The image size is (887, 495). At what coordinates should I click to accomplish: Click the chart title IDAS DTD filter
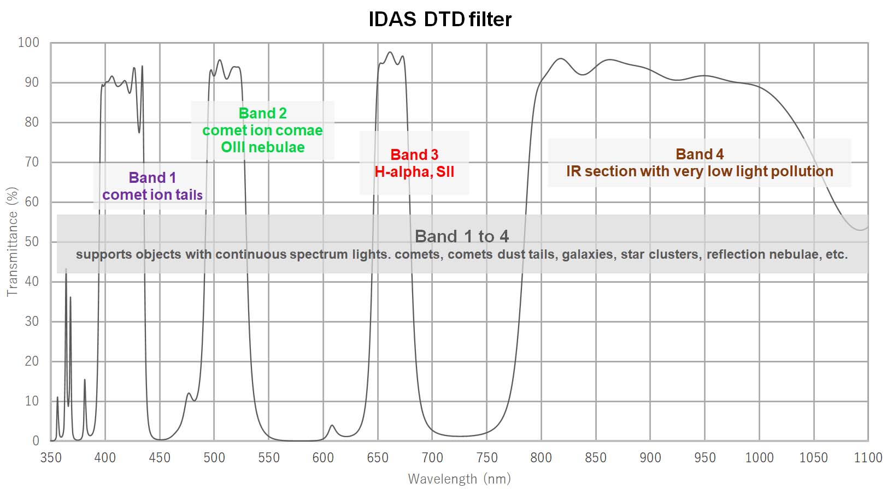(440, 20)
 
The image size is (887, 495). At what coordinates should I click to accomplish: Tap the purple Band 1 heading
(152, 178)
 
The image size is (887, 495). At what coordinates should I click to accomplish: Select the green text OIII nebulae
(262, 147)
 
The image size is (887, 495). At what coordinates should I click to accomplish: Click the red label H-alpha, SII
(414, 172)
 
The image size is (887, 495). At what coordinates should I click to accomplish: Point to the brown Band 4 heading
(700, 154)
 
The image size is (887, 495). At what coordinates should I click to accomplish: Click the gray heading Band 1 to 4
(462, 236)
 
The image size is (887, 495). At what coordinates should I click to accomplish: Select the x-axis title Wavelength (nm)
(459, 479)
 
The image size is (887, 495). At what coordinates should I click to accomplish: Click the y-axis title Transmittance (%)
(12, 242)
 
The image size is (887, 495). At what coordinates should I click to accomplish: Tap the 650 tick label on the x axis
(378, 458)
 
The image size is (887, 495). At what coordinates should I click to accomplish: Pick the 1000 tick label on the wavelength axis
(759, 458)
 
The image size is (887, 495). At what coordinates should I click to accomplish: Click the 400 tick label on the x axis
(105, 458)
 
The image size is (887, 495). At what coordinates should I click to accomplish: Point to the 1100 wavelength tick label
(868, 458)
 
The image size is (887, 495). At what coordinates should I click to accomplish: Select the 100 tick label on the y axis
(28, 43)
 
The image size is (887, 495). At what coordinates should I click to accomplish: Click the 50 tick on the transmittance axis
(32, 242)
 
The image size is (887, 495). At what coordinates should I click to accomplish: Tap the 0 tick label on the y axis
(36, 441)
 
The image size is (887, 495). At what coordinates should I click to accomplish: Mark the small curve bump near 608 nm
(332, 426)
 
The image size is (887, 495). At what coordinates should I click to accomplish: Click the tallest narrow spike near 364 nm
(66, 270)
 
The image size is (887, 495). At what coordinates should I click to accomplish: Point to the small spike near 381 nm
(85, 380)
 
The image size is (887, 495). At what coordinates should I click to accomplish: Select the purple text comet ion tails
(152, 195)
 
